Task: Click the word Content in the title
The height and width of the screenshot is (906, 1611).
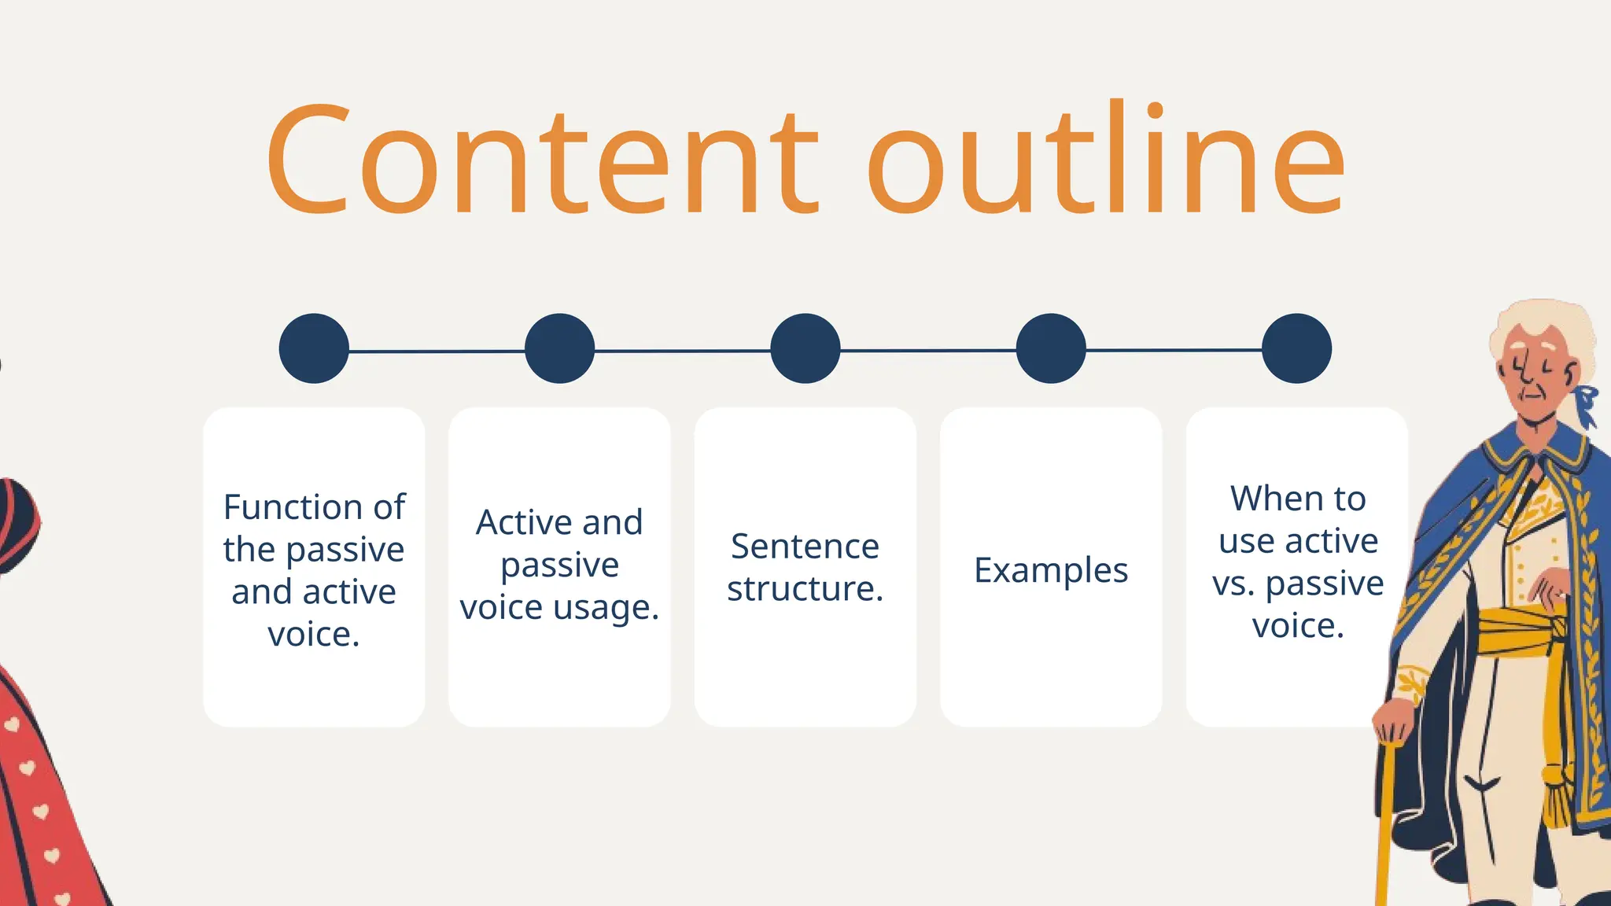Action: coord(543,161)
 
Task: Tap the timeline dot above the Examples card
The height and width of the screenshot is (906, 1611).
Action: coord(1051,348)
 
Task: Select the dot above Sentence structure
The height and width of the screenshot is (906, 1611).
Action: coord(805,348)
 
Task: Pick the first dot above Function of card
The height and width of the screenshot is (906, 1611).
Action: coord(314,348)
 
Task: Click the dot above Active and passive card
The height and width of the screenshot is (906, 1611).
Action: coord(559,348)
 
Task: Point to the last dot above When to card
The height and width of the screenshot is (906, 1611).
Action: coord(1296,348)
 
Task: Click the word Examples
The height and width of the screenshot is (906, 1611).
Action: coord(1051,570)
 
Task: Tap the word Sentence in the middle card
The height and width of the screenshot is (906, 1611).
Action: coord(805,547)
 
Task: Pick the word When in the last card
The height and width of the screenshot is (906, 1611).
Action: coord(1266,499)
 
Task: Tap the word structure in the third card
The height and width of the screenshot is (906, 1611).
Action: coord(805,589)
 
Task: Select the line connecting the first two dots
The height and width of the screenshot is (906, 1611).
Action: coord(437,351)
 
